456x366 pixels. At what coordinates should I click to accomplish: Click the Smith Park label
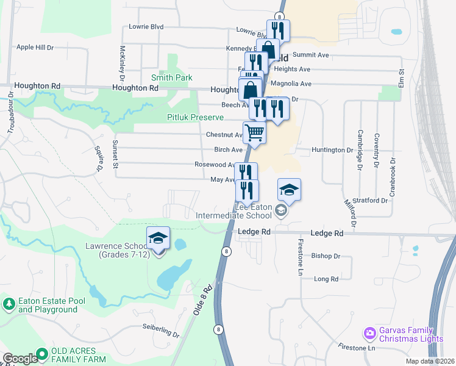click(x=172, y=77)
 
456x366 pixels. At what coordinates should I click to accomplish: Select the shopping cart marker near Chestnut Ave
click(x=254, y=132)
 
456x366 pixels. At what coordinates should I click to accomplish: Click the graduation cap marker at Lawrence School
click(x=158, y=238)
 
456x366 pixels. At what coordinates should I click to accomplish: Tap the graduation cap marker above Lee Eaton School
click(x=290, y=190)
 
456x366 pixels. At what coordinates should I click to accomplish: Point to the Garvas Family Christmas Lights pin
click(x=369, y=333)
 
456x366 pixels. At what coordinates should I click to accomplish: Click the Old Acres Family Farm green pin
click(x=41, y=353)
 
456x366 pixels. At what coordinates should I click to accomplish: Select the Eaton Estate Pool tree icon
click(x=9, y=303)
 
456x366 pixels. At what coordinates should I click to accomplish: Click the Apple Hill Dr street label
click(x=35, y=47)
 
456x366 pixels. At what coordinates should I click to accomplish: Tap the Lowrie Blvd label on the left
click(x=146, y=27)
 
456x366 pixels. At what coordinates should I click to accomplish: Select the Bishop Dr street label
click(x=325, y=256)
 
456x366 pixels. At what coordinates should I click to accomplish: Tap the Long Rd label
click(x=326, y=279)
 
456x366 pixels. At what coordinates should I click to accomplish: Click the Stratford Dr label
click(x=370, y=200)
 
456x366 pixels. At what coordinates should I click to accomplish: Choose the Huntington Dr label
click(x=332, y=149)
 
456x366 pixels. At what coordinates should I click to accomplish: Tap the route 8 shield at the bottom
click(x=218, y=329)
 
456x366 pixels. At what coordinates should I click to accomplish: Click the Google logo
click(x=20, y=359)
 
